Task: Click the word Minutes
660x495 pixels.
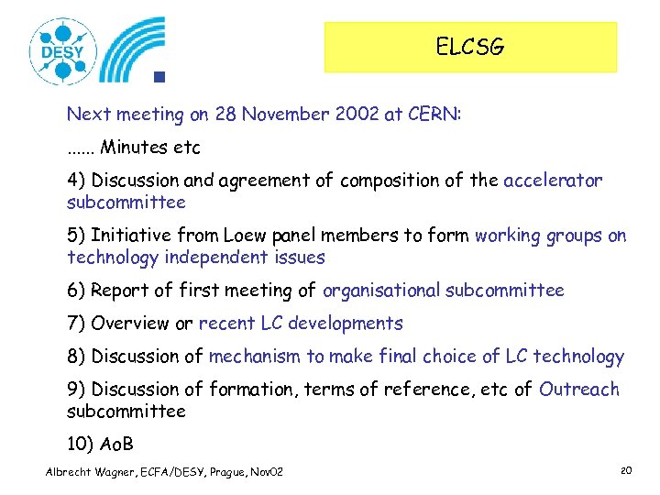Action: click(x=134, y=147)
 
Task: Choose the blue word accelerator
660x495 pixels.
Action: click(x=553, y=181)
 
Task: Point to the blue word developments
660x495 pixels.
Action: click(x=346, y=324)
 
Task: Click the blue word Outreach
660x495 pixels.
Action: click(x=579, y=390)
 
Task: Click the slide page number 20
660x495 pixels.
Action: click(x=627, y=470)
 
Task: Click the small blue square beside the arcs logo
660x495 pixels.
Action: click(x=159, y=78)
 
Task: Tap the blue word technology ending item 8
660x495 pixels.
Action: click(x=578, y=357)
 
